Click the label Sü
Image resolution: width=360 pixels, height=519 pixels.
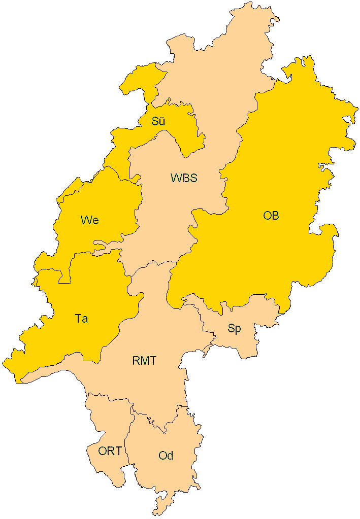tap(158, 122)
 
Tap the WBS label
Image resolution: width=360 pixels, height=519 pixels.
tap(184, 178)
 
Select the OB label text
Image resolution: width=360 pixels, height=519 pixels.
tap(271, 216)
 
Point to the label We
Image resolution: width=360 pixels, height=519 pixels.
tap(89, 220)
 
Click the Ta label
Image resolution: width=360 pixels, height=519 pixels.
tap(81, 319)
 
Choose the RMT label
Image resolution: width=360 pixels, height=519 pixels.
tap(144, 361)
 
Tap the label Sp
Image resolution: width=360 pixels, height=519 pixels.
tap(234, 329)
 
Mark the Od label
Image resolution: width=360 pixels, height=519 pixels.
tap(166, 456)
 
